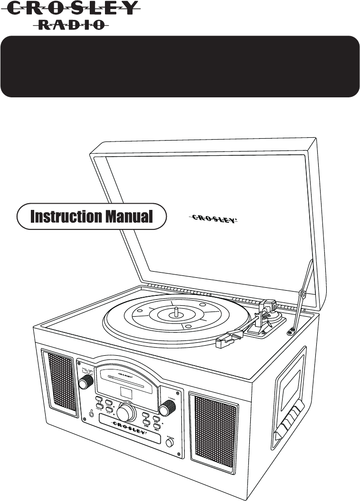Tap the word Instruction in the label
(x=66, y=217)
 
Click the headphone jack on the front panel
(x=91, y=413)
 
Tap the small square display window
(x=127, y=393)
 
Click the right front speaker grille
(x=214, y=427)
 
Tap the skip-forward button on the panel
(x=156, y=427)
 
